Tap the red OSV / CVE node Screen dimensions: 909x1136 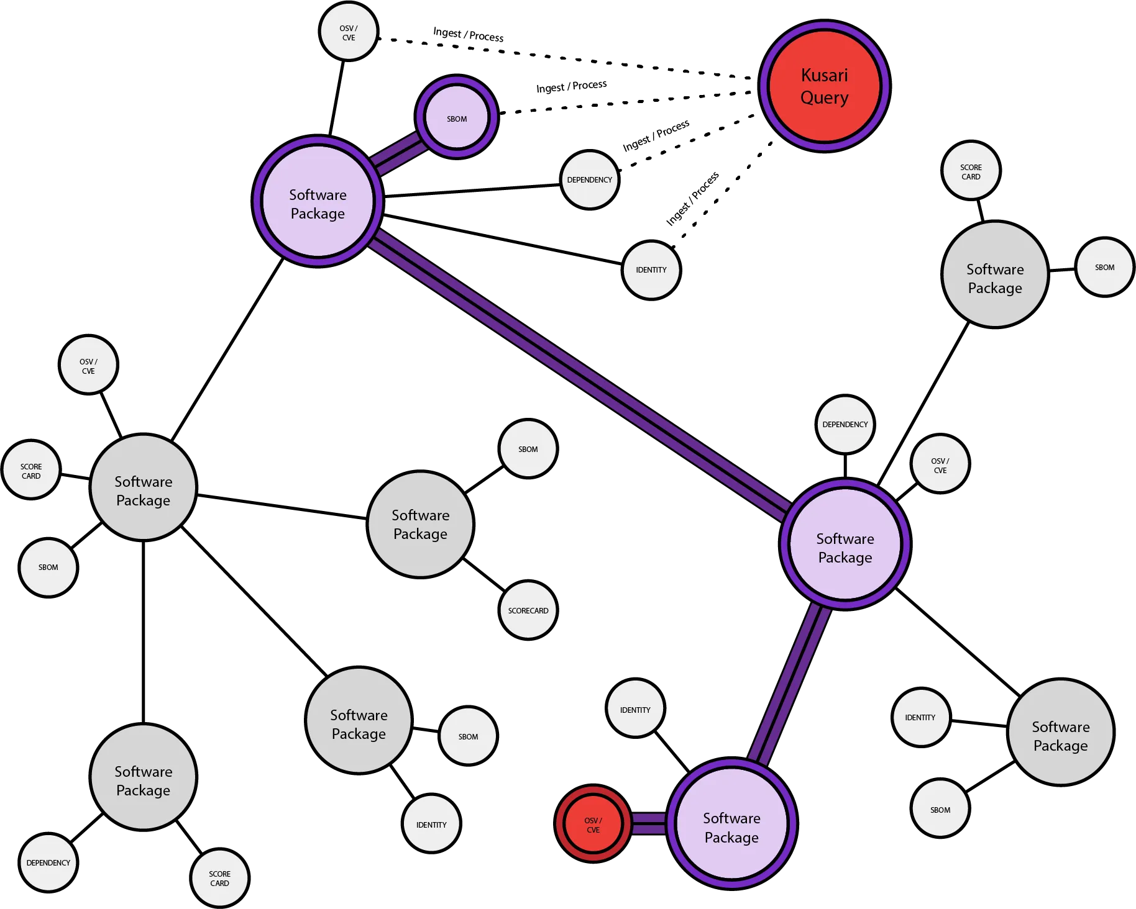click(593, 825)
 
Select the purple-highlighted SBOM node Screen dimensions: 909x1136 click(457, 118)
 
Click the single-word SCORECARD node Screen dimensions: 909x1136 click(528, 610)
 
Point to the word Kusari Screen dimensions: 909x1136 click(824, 75)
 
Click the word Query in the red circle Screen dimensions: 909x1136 click(824, 98)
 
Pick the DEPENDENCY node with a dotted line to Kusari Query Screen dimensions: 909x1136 click(589, 180)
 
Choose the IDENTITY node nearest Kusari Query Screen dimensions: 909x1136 click(651, 270)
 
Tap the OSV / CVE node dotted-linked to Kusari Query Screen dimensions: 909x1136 click(348, 33)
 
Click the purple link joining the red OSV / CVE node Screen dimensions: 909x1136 click(649, 824)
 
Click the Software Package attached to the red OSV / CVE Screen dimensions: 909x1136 click(731, 827)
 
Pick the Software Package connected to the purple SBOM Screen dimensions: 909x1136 click(318, 204)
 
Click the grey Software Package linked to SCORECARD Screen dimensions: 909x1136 click(420, 524)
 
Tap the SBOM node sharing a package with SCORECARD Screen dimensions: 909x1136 click(528, 449)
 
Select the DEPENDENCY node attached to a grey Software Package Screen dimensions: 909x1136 click(48, 862)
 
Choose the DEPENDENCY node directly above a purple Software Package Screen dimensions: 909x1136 click(845, 425)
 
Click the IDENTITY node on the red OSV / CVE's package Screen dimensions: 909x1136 click(635, 710)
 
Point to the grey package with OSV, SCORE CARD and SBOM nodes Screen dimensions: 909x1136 click(143, 491)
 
